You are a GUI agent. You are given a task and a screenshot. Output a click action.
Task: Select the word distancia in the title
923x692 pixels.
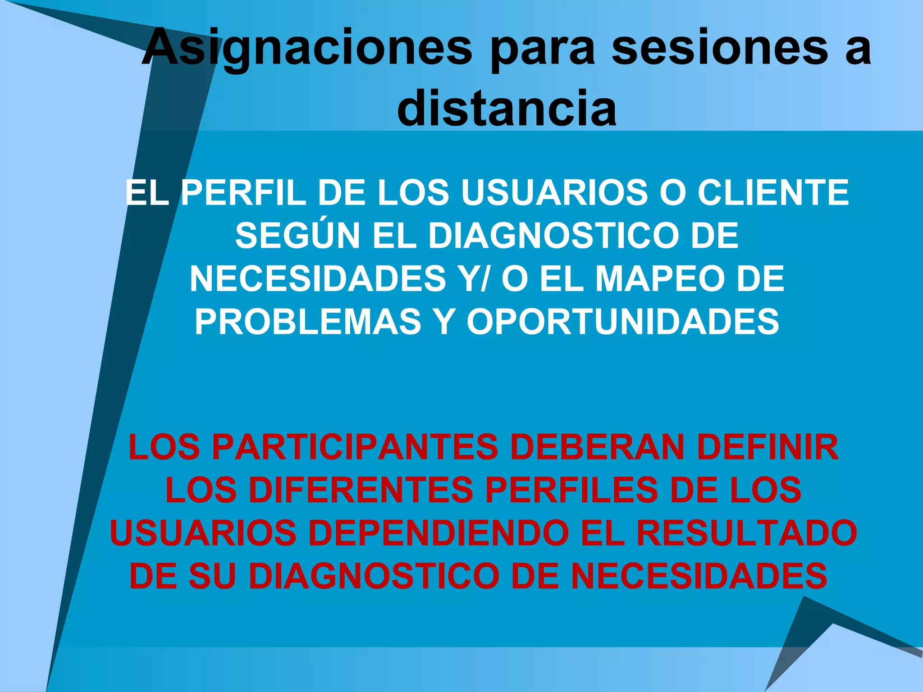click(507, 108)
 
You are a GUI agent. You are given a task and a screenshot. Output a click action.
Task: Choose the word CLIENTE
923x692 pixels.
click(773, 193)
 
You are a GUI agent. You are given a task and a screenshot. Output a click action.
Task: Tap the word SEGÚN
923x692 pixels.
click(297, 236)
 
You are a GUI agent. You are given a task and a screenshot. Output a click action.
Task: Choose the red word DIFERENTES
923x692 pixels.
click(361, 490)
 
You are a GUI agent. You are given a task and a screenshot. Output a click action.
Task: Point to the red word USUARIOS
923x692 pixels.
click(203, 533)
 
